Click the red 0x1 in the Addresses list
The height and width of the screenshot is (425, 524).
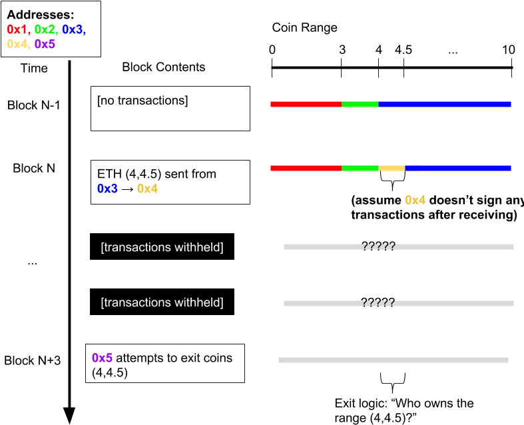point(18,29)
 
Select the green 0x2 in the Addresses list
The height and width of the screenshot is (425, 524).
point(45,29)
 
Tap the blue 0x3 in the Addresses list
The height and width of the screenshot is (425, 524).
point(74,29)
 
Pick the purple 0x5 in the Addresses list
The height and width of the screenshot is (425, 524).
point(45,44)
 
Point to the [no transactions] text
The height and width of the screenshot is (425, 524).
point(142,101)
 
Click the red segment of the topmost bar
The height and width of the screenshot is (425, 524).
point(306,104)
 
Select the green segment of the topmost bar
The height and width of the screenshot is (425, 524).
point(360,104)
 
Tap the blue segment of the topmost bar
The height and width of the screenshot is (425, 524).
point(444,104)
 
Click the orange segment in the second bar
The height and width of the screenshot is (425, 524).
point(392,168)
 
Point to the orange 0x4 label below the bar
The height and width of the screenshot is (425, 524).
point(415,200)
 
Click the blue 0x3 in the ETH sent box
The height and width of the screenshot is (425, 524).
point(107,189)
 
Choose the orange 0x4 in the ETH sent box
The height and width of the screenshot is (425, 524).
point(147,189)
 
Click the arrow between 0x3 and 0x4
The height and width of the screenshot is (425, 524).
point(127,189)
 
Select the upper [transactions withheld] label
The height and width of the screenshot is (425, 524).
point(162,247)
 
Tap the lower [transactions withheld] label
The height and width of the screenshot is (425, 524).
point(162,302)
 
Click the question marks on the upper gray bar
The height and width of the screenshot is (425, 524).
point(379,246)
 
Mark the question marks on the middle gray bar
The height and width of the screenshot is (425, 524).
point(379,303)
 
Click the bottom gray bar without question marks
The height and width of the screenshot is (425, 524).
point(393,360)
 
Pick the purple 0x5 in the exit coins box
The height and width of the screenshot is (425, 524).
point(102,358)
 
